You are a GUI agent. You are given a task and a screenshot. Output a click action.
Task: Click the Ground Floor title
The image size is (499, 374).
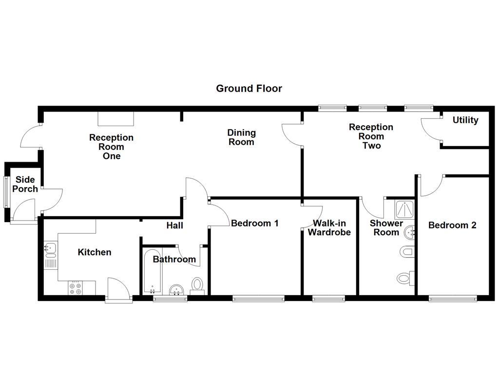click(x=249, y=88)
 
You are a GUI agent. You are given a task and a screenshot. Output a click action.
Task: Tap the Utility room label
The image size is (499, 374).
click(x=465, y=120)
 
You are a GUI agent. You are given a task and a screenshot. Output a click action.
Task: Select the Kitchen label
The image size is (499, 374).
click(x=95, y=252)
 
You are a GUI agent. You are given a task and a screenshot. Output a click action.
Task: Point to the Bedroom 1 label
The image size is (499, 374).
click(x=254, y=223)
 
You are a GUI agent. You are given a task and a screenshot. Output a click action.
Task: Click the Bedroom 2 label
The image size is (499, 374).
click(x=452, y=225)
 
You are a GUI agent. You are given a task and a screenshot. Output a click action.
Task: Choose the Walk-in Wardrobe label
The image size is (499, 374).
click(x=329, y=227)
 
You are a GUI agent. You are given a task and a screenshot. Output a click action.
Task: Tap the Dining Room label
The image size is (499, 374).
click(x=241, y=137)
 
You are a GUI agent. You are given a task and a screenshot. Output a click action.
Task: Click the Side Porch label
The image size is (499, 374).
click(x=24, y=184)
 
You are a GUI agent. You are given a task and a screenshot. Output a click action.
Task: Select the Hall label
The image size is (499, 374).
click(x=174, y=225)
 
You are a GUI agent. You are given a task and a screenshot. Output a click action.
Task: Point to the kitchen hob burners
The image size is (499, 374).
click(x=75, y=288)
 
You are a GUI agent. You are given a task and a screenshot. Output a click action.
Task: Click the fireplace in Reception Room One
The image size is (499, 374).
click(x=115, y=118)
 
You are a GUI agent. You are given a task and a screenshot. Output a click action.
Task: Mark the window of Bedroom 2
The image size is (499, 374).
click(x=453, y=298)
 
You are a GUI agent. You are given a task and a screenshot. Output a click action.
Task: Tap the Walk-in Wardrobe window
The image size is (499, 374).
click(x=328, y=298)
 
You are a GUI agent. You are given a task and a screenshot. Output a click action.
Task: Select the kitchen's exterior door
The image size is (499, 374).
click(x=118, y=291)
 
